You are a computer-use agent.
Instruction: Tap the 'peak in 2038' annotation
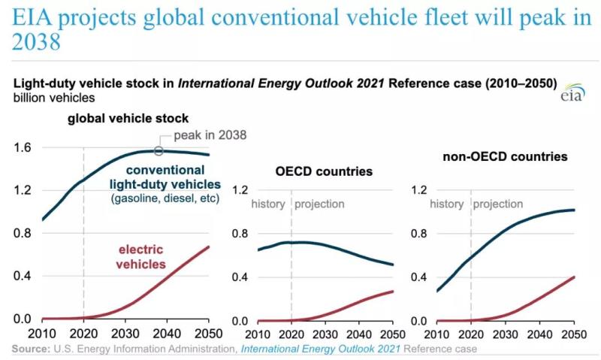click(210, 136)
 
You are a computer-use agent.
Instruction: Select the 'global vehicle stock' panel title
click(128, 119)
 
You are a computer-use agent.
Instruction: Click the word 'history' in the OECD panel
click(268, 204)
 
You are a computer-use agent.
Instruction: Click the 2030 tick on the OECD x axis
click(324, 334)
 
